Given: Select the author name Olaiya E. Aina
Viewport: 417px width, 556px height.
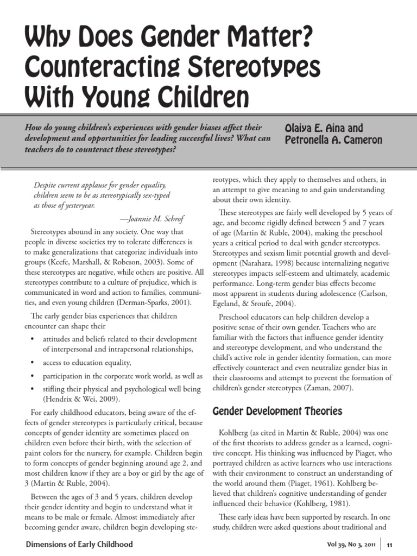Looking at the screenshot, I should click(x=318, y=129).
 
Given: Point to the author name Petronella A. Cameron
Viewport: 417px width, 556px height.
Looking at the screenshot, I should click(x=333, y=141).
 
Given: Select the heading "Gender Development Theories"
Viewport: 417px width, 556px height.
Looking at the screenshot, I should click(x=276, y=411).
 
